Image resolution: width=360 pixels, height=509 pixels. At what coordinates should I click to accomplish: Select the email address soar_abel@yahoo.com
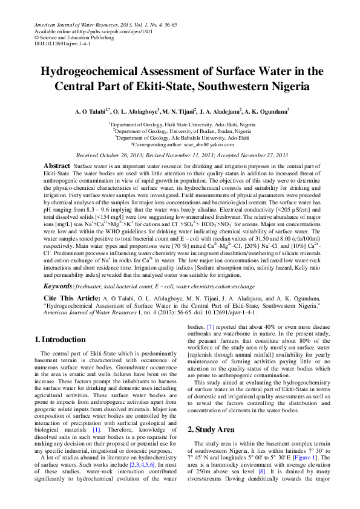[201, 144]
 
